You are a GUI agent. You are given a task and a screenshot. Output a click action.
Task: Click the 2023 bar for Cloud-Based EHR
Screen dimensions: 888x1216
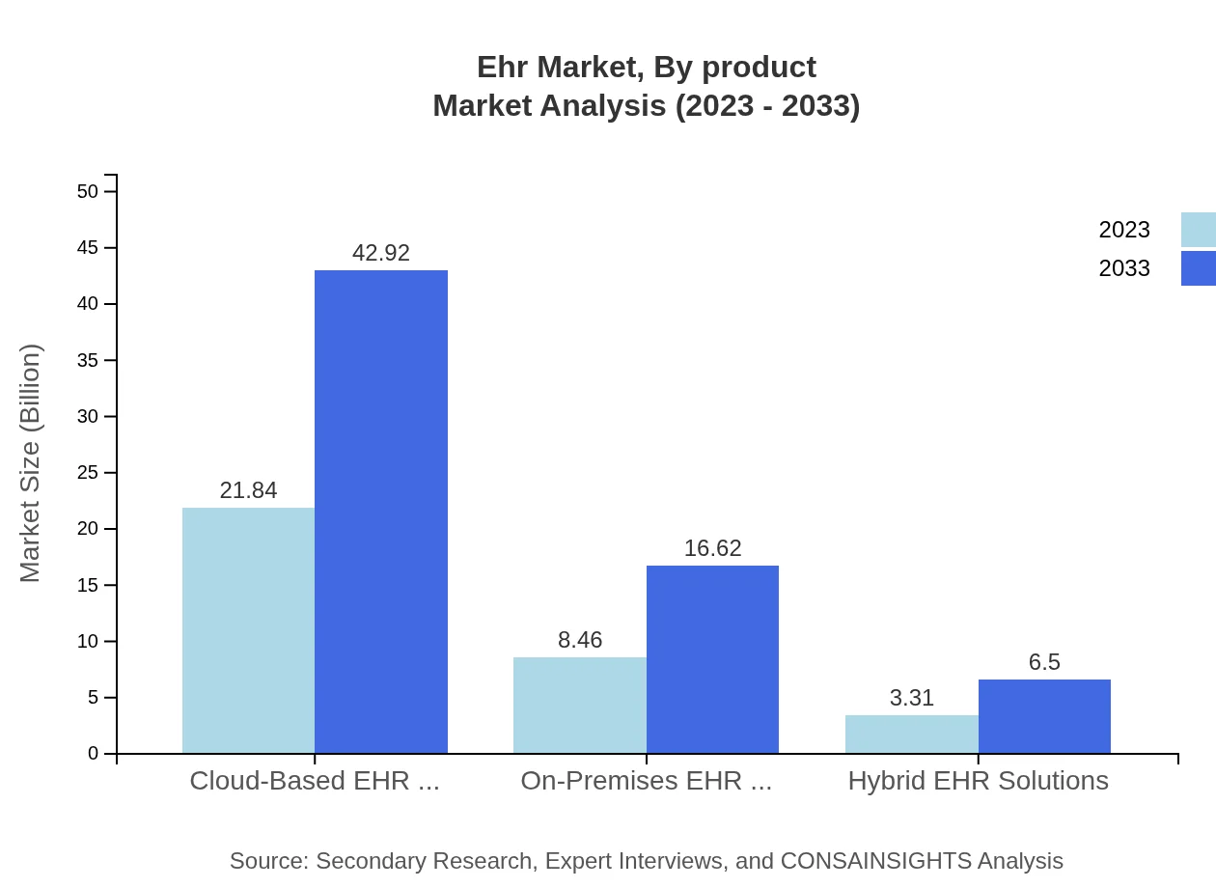point(248,630)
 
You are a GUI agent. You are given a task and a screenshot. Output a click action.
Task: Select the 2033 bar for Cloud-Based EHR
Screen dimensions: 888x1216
point(381,512)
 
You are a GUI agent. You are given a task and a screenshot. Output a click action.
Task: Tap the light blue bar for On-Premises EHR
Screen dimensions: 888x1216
point(579,705)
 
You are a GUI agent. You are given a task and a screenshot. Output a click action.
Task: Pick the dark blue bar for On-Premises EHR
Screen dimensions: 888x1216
point(712,659)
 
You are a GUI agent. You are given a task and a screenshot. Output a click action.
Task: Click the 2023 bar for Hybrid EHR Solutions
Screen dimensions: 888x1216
point(911,734)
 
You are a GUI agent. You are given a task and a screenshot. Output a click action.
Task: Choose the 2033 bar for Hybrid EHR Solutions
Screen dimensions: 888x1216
point(1044,716)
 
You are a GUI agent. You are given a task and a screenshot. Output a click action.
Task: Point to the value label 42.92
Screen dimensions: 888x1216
point(381,253)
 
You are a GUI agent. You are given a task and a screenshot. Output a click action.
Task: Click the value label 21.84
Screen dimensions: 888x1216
point(248,490)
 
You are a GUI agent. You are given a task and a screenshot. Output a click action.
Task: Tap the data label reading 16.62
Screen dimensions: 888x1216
point(712,548)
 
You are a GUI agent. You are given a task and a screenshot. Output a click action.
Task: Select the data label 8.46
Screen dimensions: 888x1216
point(579,640)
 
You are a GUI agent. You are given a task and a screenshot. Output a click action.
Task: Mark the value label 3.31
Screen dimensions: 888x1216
point(911,698)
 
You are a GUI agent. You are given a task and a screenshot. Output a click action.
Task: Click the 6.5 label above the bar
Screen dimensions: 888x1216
point(1044,662)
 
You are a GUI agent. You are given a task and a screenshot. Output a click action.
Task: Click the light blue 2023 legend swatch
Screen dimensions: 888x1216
point(1199,230)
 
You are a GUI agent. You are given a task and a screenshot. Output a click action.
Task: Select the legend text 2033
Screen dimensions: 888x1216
point(1124,268)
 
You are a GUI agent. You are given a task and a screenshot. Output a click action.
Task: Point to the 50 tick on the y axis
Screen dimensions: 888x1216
point(88,191)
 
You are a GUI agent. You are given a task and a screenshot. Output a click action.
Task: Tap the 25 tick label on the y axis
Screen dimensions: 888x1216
point(88,473)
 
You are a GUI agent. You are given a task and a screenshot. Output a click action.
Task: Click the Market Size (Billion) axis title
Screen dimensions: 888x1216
point(30,463)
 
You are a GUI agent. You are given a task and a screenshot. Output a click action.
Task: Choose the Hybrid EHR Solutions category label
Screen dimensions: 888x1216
point(978,780)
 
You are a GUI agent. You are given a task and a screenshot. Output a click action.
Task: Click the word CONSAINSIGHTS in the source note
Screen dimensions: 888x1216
point(874,860)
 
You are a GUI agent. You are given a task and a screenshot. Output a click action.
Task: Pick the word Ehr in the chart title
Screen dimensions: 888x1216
point(502,67)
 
